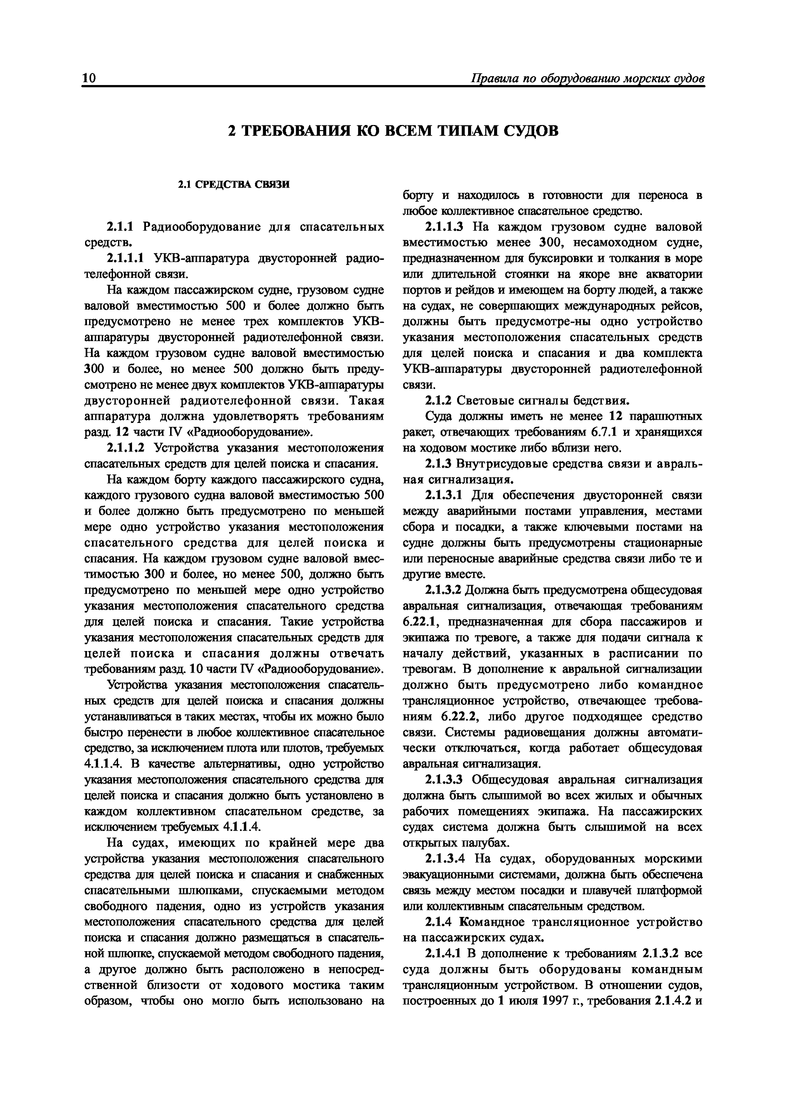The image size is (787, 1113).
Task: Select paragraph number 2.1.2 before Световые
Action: [438, 401]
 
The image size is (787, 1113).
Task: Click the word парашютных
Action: [665, 416]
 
